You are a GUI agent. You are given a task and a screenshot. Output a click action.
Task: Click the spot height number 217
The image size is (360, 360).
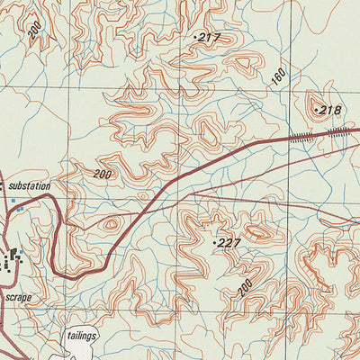(210, 37)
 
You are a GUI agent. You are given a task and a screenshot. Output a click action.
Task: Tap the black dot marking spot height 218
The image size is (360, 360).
(316, 110)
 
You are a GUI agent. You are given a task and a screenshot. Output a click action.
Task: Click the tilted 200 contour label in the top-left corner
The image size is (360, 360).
(34, 29)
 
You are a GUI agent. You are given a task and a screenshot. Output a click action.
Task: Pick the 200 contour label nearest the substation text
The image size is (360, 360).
(103, 174)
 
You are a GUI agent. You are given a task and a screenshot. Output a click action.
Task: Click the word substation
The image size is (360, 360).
(29, 186)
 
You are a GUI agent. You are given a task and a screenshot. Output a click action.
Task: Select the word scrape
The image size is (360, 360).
(16, 295)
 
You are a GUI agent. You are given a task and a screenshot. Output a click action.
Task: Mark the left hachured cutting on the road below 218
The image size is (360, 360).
(302, 136)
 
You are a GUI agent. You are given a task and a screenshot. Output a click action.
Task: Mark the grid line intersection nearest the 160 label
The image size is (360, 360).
(294, 88)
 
